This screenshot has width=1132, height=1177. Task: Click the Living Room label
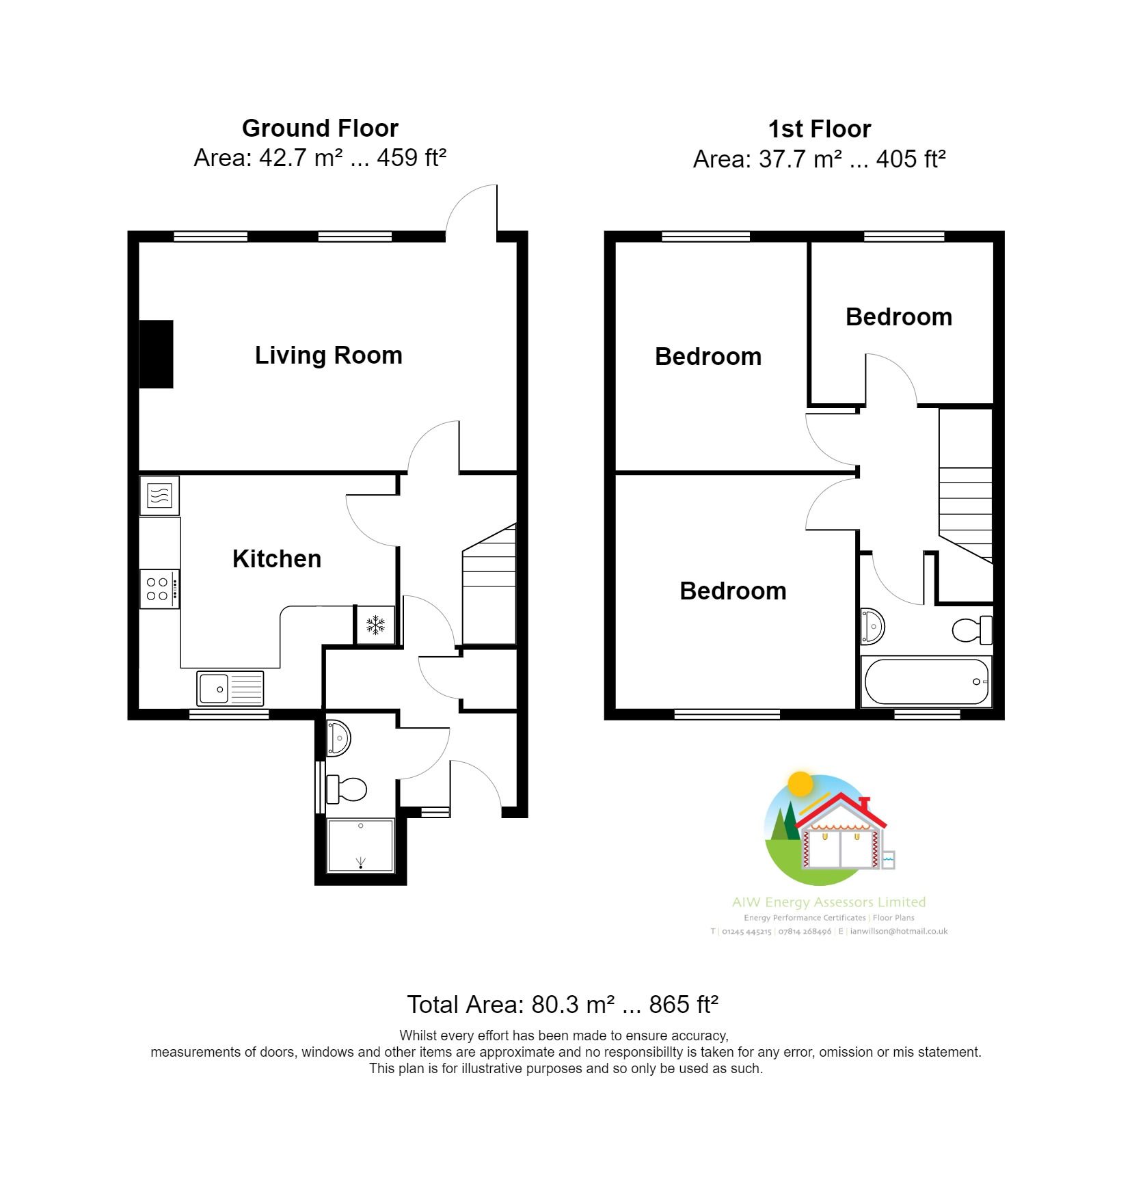[328, 355]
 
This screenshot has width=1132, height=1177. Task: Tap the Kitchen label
[276, 559]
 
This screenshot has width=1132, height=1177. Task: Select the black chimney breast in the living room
[157, 354]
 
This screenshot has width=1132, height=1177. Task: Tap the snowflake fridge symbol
[375, 625]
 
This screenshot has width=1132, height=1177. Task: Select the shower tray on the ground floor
[361, 845]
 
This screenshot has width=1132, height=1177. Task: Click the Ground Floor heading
[320, 128]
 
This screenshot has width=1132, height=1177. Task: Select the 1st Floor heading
[819, 129]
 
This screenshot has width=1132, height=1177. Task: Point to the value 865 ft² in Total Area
[684, 1004]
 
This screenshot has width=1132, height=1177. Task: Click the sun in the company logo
[800, 784]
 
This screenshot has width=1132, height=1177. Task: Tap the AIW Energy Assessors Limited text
[828, 902]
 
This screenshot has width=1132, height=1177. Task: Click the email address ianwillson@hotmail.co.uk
[898, 931]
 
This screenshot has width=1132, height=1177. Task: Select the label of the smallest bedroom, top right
[898, 317]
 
